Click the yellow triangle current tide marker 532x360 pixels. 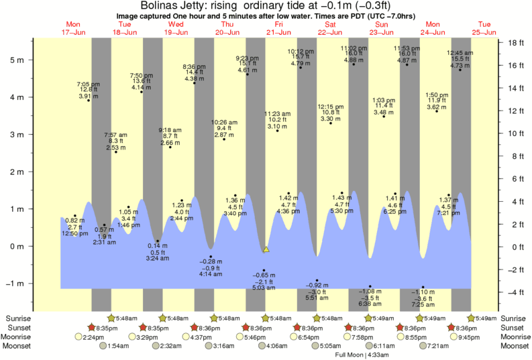click(266, 249)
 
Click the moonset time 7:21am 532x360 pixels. click(437, 346)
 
